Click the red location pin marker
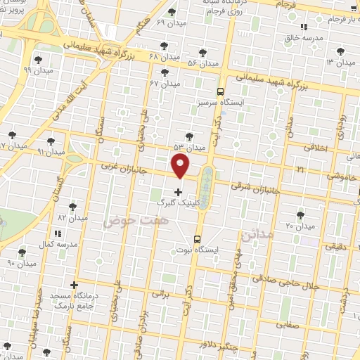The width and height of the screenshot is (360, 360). point(181,167)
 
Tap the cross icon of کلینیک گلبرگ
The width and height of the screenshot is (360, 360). point(177,191)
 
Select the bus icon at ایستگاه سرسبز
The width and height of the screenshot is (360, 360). point(220,92)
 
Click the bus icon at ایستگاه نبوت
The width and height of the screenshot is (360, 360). point(198,238)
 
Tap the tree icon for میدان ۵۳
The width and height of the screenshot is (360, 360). point(187,136)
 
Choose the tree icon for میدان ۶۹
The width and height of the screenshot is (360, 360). point(172,12)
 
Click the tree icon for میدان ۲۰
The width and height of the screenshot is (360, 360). point(301,214)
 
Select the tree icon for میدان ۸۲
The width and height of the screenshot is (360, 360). point(72,207)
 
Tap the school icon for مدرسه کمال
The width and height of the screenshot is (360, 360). point(58,232)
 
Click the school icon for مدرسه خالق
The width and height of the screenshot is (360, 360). point(304,27)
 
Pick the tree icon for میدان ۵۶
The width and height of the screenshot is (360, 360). point(202,53)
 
